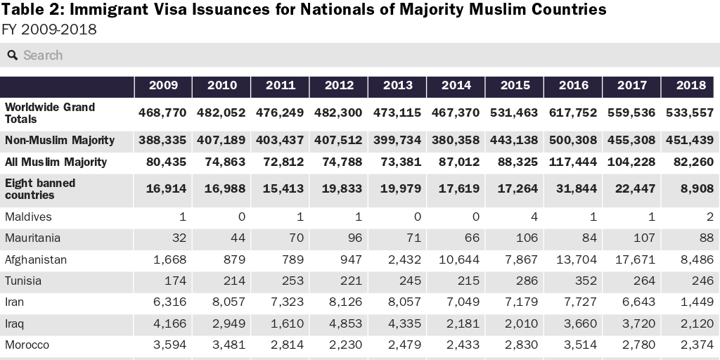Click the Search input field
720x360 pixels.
[x=352, y=55]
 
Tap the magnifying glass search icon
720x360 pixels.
[x=12, y=55]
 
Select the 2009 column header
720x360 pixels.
[x=163, y=86]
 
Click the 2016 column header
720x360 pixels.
[x=573, y=86]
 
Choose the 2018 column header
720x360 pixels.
[x=690, y=86]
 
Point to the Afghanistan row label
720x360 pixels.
[x=36, y=259]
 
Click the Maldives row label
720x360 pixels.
[x=28, y=217]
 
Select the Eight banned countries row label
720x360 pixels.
[x=40, y=188]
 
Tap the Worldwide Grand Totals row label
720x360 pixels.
[x=50, y=113]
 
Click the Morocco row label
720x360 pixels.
[x=27, y=345]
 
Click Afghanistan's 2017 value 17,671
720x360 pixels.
[x=637, y=259]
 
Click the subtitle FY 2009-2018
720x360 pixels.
[x=49, y=30]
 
